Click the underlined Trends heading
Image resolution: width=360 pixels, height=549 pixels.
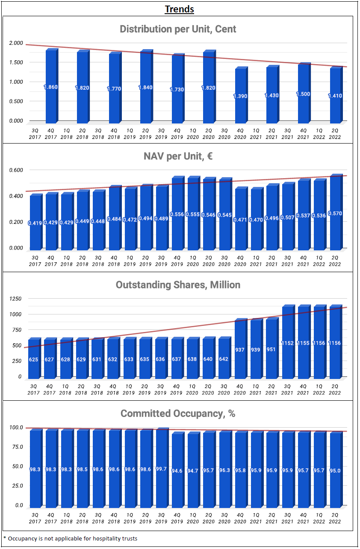coord(180,9)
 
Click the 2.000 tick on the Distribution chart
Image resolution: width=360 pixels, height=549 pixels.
coord(16,43)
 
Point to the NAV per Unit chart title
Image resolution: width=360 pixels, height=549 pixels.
coord(178,156)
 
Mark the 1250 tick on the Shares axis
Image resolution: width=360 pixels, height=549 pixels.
coord(16,299)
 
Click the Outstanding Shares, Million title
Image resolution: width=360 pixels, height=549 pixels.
coord(178,285)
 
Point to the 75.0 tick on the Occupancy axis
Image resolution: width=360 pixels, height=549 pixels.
coord(16,447)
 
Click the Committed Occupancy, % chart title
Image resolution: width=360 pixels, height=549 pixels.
coord(178,414)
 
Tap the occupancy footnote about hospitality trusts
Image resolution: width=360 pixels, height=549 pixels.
coord(71,538)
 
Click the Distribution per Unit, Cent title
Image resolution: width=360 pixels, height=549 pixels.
coord(178,29)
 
